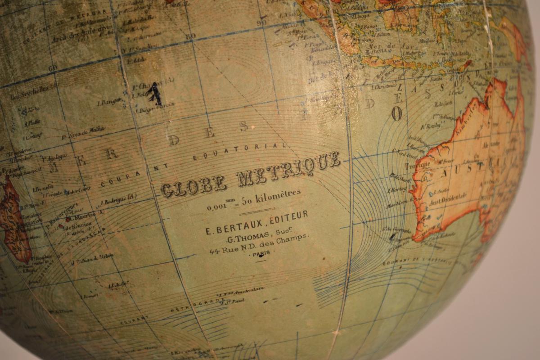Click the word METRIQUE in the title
288,168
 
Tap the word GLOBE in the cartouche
193,185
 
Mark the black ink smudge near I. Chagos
154,93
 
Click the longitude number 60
53,68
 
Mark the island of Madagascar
13,216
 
